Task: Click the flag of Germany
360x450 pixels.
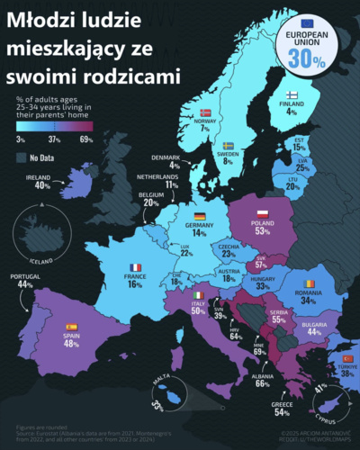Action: pyautogui.click(x=199, y=215)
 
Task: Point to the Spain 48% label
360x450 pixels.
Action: pyautogui.click(x=72, y=338)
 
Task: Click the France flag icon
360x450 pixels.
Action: pyautogui.click(x=135, y=267)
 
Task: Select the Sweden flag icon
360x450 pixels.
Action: pyautogui.click(x=228, y=145)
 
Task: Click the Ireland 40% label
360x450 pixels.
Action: pyautogui.click(x=41, y=182)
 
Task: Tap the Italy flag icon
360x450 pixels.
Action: pyautogui.click(x=200, y=295)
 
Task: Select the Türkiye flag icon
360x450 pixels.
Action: pyautogui.click(x=347, y=358)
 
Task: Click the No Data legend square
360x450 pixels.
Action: pyautogui.click(x=21, y=157)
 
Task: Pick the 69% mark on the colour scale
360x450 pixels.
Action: pyautogui.click(x=86, y=139)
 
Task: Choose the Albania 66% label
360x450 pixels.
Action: pyautogui.click(x=238, y=379)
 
